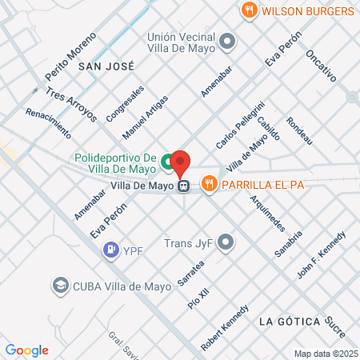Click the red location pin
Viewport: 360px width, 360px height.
181,163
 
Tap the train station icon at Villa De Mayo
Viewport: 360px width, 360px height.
184,186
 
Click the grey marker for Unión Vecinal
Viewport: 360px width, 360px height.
227,41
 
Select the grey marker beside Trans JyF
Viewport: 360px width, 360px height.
226,242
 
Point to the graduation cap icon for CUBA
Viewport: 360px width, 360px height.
60,285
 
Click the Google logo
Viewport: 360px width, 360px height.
26,350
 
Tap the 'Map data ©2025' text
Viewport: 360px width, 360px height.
325,354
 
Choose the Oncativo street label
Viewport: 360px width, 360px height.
319,67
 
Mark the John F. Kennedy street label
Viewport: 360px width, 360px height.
322,254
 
